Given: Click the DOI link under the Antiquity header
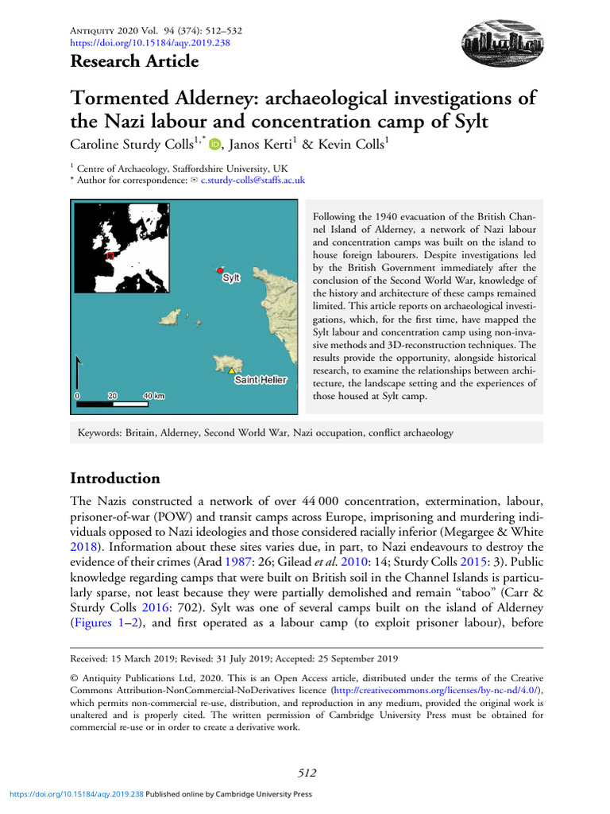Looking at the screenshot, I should (150, 43).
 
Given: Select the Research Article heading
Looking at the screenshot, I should (134, 61).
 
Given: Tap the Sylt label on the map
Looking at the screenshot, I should (231, 278).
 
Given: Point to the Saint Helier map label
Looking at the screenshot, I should (260, 380).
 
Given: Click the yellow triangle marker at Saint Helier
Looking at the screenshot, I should (231, 371).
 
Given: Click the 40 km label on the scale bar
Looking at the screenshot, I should (153, 395).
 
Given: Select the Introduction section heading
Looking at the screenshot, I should (115, 478).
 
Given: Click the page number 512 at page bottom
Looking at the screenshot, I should (307, 773).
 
